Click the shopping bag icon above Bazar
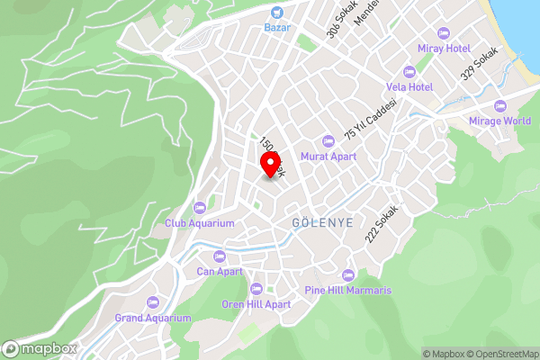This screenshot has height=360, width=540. pyautogui.click(x=276, y=13)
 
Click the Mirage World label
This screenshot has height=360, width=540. pyautogui.click(x=499, y=121)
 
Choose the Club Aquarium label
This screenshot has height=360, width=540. pyautogui.click(x=199, y=222)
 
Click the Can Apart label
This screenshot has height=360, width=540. pyautogui.click(x=220, y=270)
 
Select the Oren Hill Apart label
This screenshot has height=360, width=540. pyautogui.click(x=256, y=304)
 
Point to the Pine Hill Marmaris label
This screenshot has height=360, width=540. pyautogui.click(x=348, y=291)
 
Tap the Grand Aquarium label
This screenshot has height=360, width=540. pyautogui.click(x=153, y=318)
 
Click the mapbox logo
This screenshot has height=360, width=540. pyautogui.click(x=40, y=348)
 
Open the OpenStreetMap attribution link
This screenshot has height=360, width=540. pyautogui.click(x=501, y=354)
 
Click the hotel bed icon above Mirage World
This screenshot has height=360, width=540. pyautogui.click(x=499, y=106)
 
